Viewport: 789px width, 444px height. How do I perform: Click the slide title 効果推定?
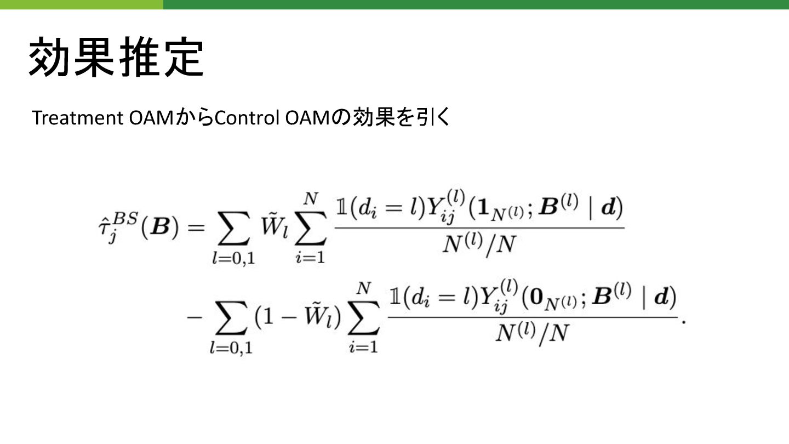click(116, 57)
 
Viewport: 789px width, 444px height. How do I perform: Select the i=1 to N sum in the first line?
click(310, 230)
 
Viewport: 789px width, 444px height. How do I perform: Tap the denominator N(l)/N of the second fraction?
click(531, 333)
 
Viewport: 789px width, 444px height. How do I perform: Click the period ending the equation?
click(683, 321)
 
